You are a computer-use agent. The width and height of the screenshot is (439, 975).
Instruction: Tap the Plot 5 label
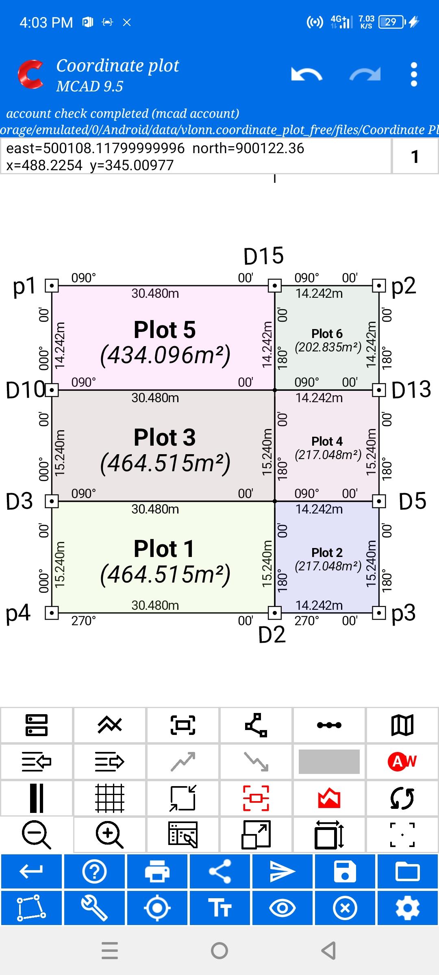pyautogui.click(x=165, y=329)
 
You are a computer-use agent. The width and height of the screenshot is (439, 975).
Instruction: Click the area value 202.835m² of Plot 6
pyautogui.click(x=328, y=347)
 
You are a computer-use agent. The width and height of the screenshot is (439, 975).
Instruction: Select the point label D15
pyautogui.click(x=263, y=256)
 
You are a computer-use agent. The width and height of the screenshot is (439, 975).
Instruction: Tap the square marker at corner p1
pyautogui.click(x=52, y=286)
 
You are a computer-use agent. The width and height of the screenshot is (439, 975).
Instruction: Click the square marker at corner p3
pyautogui.click(x=379, y=612)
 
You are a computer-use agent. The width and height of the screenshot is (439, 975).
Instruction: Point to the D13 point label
pyautogui.click(x=411, y=390)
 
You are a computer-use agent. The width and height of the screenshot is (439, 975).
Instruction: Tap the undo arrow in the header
pyautogui.click(x=306, y=74)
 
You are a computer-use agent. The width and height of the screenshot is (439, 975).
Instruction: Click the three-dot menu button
pyautogui.click(x=414, y=74)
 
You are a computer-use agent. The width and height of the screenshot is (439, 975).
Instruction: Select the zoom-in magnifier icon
pyautogui.click(x=109, y=835)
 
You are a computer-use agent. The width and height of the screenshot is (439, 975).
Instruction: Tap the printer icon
pyautogui.click(x=157, y=871)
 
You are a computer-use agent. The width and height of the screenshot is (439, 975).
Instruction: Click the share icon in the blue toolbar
pyautogui.click(x=220, y=871)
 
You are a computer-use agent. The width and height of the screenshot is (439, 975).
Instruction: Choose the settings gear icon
pyautogui.click(x=408, y=908)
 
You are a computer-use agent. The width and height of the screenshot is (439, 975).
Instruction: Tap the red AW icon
pyautogui.click(x=402, y=761)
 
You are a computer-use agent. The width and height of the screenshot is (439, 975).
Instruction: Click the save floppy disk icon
pyautogui.click(x=345, y=871)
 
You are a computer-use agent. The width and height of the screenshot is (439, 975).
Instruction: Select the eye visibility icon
pyautogui.click(x=283, y=908)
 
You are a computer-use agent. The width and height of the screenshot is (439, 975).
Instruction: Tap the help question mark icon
pyautogui.click(x=94, y=871)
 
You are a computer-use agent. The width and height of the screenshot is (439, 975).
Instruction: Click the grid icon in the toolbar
pyautogui.click(x=109, y=798)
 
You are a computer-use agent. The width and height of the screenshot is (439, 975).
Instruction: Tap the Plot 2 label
pyautogui.click(x=327, y=552)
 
